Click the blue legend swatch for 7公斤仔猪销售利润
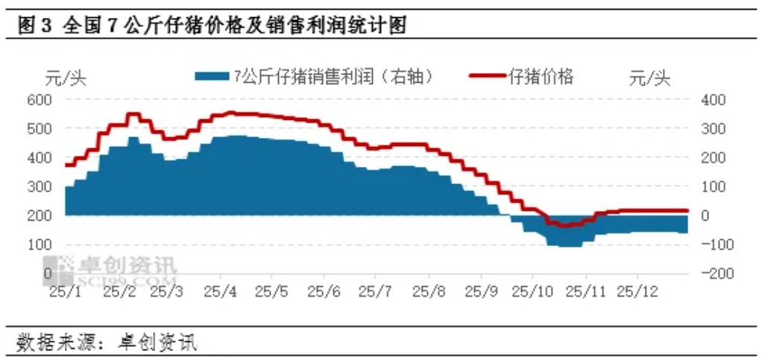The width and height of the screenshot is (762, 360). pos(212,76)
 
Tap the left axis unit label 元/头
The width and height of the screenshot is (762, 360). pos(66,78)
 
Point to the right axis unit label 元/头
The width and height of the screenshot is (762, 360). pos(650,78)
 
